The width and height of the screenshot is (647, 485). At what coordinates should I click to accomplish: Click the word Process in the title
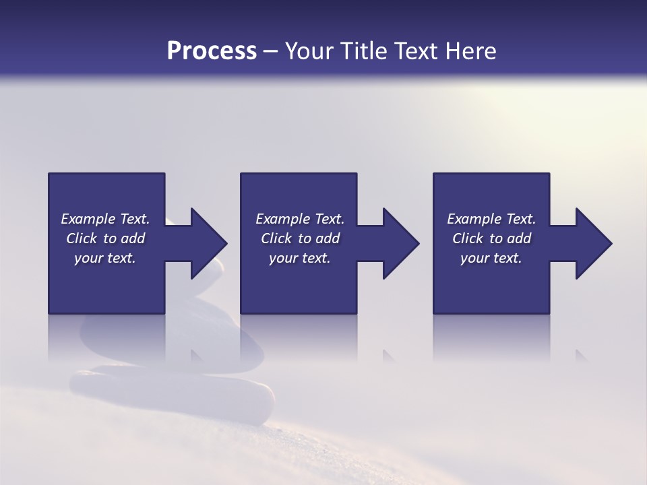click(212, 51)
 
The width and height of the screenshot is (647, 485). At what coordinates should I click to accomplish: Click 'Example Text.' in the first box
click(105, 219)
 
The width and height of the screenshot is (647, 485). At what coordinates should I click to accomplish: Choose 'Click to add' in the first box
click(105, 238)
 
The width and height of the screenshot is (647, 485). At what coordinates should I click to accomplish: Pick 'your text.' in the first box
click(105, 258)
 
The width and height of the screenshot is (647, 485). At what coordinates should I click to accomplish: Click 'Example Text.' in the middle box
click(299, 219)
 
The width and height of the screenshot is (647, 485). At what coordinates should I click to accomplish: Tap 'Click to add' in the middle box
click(299, 238)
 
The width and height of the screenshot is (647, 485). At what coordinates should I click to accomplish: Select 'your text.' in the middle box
click(299, 258)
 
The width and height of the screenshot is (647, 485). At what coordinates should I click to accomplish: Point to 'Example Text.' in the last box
click(491, 219)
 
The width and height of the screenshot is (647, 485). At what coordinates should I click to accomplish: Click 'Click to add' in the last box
click(491, 238)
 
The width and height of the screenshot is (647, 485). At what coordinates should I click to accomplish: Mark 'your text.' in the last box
click(491, 258)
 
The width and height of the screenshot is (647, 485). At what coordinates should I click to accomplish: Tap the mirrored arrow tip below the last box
click(582, 356)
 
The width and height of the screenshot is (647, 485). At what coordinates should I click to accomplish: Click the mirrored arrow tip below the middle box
click(389, 356)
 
